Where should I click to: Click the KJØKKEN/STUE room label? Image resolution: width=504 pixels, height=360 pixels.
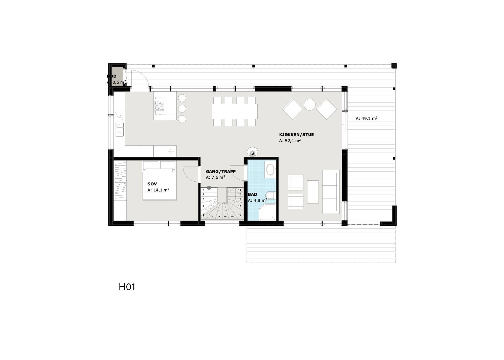coord(296,135)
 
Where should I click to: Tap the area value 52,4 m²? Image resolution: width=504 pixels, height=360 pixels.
coord(290,141)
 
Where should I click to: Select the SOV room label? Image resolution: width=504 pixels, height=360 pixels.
coord(152,184)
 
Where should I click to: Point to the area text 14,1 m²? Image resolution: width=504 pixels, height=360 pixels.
coord(158,190)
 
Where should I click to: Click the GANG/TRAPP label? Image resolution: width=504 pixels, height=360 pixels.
coord(221,171)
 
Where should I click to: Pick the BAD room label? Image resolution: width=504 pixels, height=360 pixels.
coord(252,194)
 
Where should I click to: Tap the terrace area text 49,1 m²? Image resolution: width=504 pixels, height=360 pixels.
coord(366,118)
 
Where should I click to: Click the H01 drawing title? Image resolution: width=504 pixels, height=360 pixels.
coord(127,287)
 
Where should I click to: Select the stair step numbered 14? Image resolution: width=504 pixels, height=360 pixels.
coord(240,190)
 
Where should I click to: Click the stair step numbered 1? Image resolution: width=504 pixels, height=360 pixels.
coord(204,190)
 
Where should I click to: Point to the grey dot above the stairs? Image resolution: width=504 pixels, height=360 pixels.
coord(209,187)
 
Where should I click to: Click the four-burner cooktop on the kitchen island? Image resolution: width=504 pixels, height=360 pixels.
coord(160,106)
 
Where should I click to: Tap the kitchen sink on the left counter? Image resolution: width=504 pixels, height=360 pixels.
coord(119,129)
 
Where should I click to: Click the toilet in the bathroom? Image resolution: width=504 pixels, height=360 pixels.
coord(270,195)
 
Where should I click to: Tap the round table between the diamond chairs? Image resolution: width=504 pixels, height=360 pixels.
coord(309,105)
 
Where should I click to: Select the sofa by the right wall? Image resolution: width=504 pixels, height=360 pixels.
coord(331,192)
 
